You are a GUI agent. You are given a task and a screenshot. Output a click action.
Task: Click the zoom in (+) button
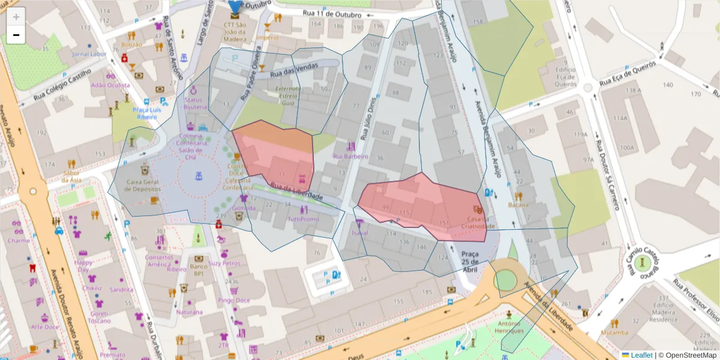coord(16,17)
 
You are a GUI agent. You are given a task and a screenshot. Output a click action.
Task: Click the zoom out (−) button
coord(16,35)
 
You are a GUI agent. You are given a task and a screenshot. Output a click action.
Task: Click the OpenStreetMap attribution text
coord(690,355)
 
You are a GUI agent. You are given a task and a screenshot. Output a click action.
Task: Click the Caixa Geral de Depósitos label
coord(145,185)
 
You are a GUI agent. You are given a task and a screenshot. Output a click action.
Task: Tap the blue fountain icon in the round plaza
coord(199,176)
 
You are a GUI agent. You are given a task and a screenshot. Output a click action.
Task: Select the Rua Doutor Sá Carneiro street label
coord(607,174)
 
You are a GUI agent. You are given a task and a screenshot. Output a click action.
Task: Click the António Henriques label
coord(509,327)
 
